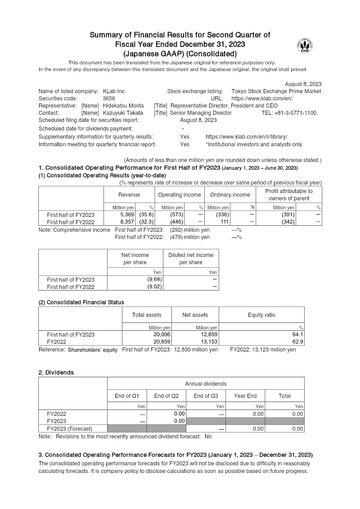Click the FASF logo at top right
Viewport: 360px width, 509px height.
[305, 45]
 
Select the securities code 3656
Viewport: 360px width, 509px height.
[109, 98]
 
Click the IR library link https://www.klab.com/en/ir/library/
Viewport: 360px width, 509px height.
[246, 137]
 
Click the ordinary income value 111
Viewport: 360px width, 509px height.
[225, 222]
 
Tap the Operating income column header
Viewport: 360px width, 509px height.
[180, 195]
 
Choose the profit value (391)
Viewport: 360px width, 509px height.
[288, 215]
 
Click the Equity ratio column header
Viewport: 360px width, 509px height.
[261, 315]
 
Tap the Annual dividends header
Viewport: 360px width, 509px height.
[206, 384]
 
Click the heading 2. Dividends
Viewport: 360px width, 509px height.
[56, 373]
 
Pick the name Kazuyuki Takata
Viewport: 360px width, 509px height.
[120, 113]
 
